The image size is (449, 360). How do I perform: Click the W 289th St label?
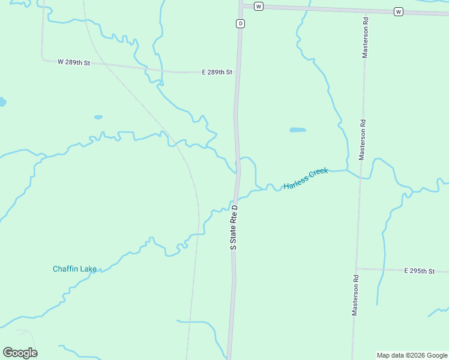point(73,62)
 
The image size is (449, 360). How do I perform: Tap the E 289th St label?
point(217,72)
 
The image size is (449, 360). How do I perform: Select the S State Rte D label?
point(234,227)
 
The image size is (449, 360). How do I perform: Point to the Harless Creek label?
point(306,179)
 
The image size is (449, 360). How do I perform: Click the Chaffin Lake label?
point(74,269)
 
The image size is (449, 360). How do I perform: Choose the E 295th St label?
point(419,271)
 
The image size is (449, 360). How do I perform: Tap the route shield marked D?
point(240,23)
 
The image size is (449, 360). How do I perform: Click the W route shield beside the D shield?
point(258,6)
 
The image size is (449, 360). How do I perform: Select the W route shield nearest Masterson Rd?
point(398,11)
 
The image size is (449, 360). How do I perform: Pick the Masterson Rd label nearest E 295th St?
point(356,295)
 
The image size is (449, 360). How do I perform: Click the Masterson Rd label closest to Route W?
point(364,38)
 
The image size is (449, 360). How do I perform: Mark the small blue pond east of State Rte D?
point(298,130)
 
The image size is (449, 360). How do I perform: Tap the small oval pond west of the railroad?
point(98,117)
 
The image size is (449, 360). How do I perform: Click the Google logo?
point(20,352)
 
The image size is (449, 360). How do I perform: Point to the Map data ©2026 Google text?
point(411,355)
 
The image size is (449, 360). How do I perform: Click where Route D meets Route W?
point(241,5)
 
